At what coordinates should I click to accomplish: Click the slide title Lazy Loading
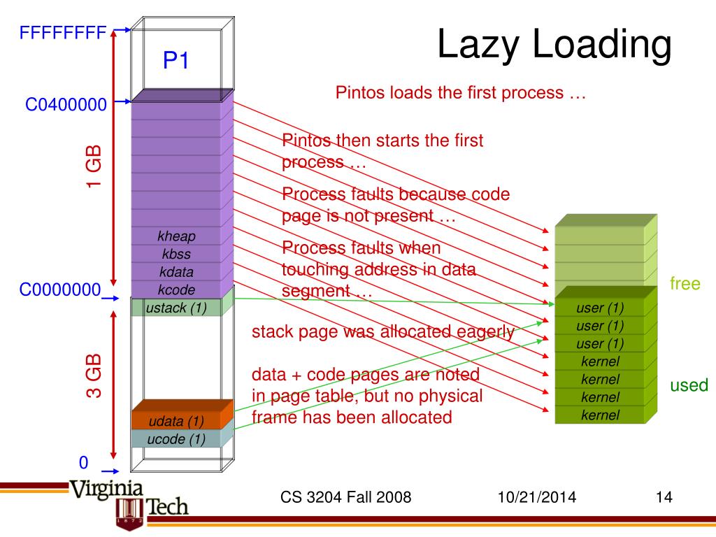554,45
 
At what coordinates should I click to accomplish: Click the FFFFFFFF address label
63,32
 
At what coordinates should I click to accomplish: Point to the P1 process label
176,62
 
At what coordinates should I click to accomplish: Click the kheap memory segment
176,237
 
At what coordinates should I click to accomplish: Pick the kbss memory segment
176,255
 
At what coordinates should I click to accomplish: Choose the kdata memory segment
176,272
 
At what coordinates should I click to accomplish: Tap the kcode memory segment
176,289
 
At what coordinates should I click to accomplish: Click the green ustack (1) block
176,307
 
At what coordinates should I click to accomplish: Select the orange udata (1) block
176,421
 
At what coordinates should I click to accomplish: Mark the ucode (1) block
176,439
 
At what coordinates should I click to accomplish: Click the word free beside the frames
685,284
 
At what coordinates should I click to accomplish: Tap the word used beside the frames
689,385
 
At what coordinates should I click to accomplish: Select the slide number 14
664,498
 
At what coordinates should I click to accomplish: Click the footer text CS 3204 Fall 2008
345,498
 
